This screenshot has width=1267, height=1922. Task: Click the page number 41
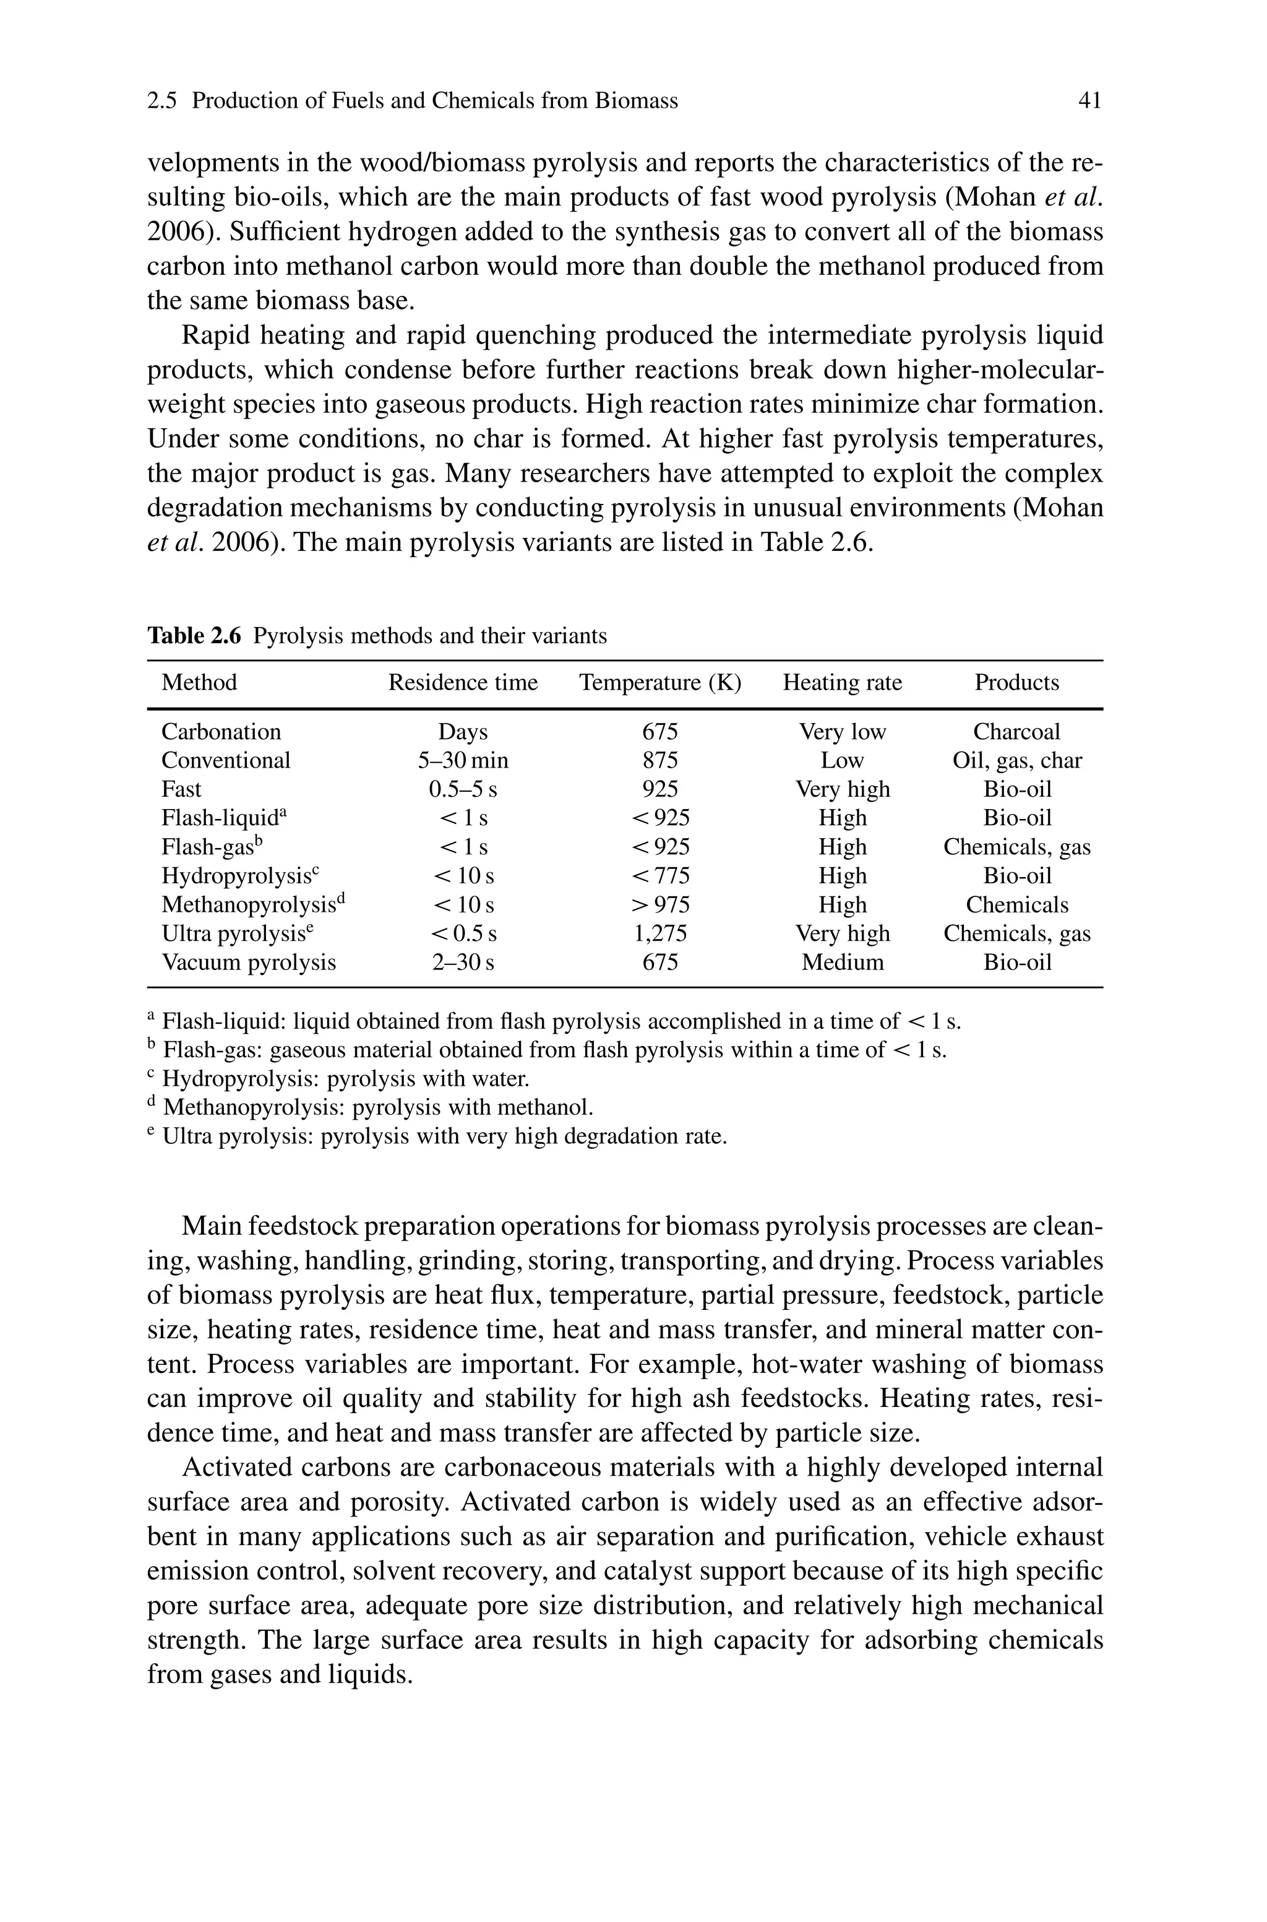(1090, 101)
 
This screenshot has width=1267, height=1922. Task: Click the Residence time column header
(463, 683)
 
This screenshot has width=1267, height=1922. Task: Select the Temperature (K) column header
(660, 683)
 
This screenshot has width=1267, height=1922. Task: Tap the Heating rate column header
(842, 683)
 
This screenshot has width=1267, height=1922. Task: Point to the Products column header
(1016, 683)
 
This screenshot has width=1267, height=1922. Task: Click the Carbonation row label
(221, 732)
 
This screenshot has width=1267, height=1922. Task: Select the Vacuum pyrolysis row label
(249, 963)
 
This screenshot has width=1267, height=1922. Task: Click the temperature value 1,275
(660, 934)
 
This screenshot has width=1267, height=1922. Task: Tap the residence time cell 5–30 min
(463, 761)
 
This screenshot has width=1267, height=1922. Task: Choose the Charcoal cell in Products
(1016, 732)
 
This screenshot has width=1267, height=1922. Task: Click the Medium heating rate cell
(842, 963)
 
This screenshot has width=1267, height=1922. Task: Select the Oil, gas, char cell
(1016, 761)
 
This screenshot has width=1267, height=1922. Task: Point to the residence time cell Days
(463, 732)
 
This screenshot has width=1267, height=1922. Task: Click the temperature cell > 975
(660, 905)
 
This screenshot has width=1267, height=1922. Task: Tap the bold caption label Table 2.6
(194, 636)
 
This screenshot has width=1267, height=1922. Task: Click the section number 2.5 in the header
(163, 101)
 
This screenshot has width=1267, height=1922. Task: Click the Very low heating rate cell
(842, 732)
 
